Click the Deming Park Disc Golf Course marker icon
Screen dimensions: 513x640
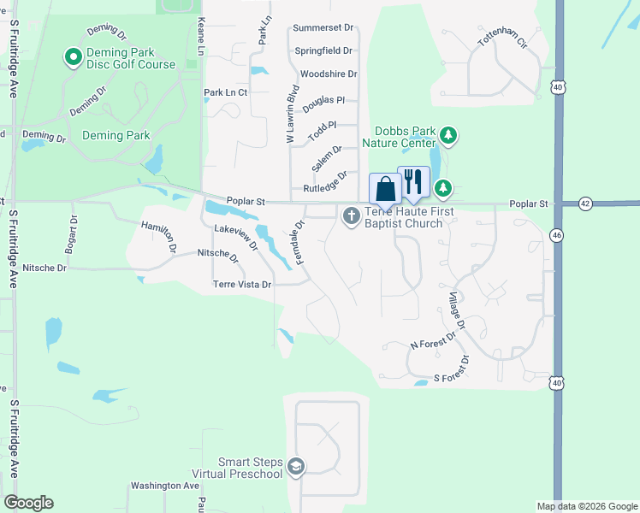click(73, 58)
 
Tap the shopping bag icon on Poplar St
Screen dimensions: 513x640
click(385, 188)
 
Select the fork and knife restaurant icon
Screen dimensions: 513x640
click(413, 180)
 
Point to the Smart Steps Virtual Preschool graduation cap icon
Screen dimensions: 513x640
click(296, 467)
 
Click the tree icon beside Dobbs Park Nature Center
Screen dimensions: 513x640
click(447, 135)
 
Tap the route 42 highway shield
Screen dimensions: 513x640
click(584, 203)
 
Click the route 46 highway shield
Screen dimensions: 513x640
click(558, 234)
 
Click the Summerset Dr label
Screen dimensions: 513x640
click(323, 28)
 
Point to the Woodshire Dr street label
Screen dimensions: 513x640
click(329, 74)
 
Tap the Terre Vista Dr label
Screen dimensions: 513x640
click(242, 285)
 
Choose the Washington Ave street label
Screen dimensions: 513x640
click(165, 486)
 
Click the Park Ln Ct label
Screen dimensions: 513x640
click(225, 92)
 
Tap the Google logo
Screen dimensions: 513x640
click(28, 503)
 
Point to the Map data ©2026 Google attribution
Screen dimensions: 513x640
click(586, 506)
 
